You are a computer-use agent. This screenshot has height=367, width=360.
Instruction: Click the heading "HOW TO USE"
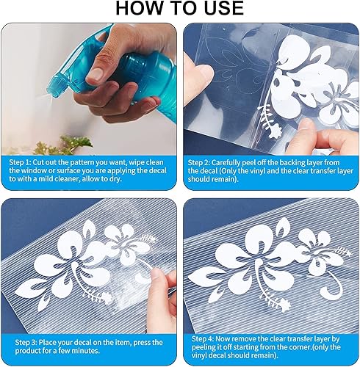[179, 9]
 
